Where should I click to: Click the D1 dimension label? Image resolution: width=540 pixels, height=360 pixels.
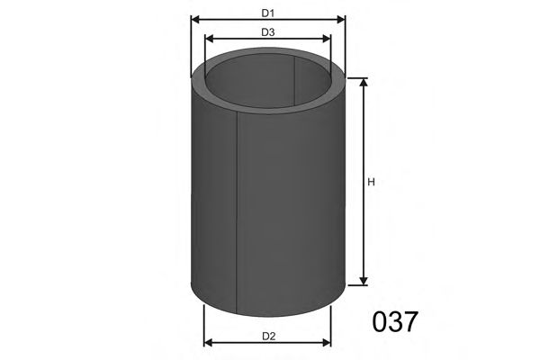point(267,13)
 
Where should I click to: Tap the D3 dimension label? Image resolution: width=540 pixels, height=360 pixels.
point(267,32)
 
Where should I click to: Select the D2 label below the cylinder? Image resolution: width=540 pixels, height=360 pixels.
point(267,337)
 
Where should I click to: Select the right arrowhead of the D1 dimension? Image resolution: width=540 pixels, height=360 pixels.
point(342,21)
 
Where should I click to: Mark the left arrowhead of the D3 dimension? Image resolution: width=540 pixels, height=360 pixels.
point(209,40)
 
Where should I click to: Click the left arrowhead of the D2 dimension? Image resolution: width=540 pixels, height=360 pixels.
point(209,342)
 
